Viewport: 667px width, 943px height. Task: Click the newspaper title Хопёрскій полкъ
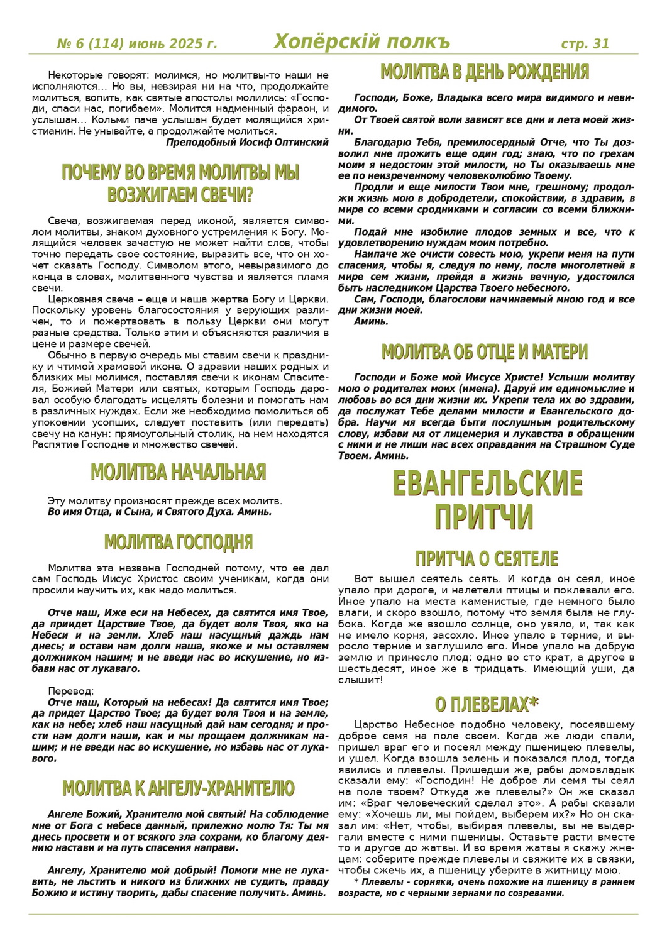click(x=362, y=42)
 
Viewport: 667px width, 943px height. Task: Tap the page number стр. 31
click(x=585, y=43)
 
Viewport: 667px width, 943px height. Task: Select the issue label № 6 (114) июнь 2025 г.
click(x=137, y=44)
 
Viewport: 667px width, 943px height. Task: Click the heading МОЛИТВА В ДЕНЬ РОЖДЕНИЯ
click(x=485, y=72)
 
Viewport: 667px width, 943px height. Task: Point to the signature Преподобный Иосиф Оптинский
click(x=247, y=142)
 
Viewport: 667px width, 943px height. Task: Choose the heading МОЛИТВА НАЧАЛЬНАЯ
click(x=179, y=472)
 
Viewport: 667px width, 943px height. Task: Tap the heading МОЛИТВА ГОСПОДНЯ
click(x=179, y=542)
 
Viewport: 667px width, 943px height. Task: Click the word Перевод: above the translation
click(x=71, y=691)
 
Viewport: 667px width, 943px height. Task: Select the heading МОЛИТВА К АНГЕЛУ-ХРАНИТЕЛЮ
click(x=179, y=788)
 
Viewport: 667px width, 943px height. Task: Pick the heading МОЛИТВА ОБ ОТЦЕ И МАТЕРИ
click(x=485, y=352)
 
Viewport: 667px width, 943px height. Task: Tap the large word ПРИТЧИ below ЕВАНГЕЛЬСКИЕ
click(x=484, y=517)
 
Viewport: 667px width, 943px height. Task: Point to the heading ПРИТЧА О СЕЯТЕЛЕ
click(x=487, y=558)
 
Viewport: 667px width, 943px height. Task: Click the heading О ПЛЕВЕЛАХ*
click(x=487, y=704)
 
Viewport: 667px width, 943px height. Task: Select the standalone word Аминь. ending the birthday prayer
click(x=372, y=321)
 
